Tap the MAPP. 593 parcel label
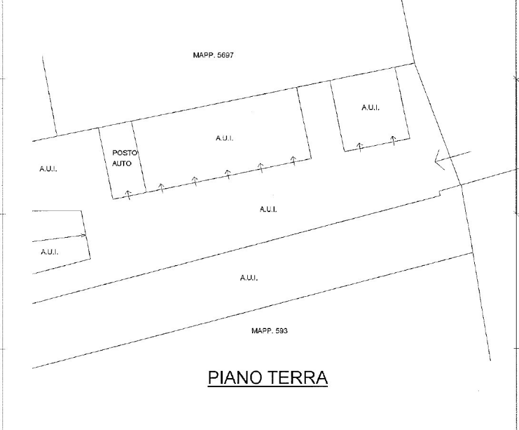269,331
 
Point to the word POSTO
124,153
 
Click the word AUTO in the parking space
122,162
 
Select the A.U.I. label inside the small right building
370,108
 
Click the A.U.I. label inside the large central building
224,139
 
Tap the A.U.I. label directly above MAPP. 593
248,278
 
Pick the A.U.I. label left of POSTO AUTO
48,169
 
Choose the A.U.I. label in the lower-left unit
49,252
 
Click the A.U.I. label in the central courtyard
268,209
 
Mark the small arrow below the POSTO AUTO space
128,194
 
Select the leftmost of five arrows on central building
161,187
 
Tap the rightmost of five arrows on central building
293,159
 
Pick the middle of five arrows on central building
228,173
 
